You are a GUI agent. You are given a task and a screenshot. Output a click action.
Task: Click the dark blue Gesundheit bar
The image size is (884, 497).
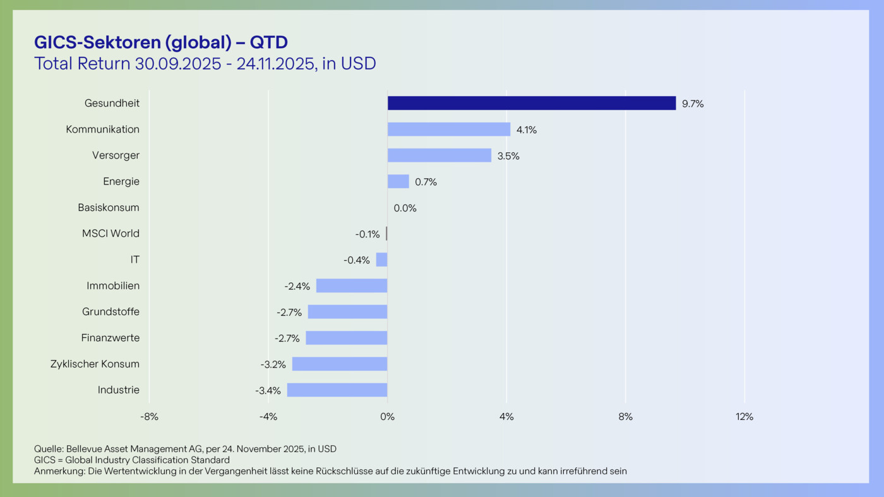(x=531, y=103)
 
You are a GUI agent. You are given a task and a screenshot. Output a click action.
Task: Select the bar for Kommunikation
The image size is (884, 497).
(x=448, y=129)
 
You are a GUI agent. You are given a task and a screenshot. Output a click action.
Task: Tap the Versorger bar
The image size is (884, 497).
(x=439, y=155)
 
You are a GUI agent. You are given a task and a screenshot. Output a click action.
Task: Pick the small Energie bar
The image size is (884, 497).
(x=398, y=181)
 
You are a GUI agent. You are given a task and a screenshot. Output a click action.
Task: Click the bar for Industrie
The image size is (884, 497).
(x=337, y=390)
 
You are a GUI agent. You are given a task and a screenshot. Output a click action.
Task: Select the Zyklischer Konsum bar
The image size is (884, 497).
(x=339, y=364)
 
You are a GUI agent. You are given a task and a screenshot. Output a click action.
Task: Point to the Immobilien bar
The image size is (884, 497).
(x=351, y=285)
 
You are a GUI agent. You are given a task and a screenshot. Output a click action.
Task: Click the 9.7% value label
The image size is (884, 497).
(x=693, y=104)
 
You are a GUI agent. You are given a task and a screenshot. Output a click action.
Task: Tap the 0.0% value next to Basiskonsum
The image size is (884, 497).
(x=405, y=208)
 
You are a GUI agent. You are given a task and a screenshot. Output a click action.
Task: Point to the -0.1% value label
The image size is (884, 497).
(x=367, y=234)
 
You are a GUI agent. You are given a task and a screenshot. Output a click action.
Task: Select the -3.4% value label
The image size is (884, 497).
(x=268, y=391)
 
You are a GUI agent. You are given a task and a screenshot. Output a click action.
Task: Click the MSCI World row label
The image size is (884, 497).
(x=110, y=234)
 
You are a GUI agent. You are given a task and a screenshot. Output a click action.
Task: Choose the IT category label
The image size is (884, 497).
(x=135, y=260)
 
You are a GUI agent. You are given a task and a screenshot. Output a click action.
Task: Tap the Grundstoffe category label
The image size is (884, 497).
(x=110, y=312)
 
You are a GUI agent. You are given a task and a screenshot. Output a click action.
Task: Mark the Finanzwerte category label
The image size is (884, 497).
(x=110, y=338)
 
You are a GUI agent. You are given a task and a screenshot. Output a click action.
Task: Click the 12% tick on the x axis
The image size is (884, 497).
(x=744, y=417)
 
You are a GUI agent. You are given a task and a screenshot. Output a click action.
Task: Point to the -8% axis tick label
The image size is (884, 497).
(x=149, y=417)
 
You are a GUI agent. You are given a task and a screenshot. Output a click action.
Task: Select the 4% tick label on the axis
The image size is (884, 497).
(x=506, y=417)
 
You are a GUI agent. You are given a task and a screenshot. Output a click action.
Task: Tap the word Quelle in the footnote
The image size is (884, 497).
(x=48, y=449)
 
